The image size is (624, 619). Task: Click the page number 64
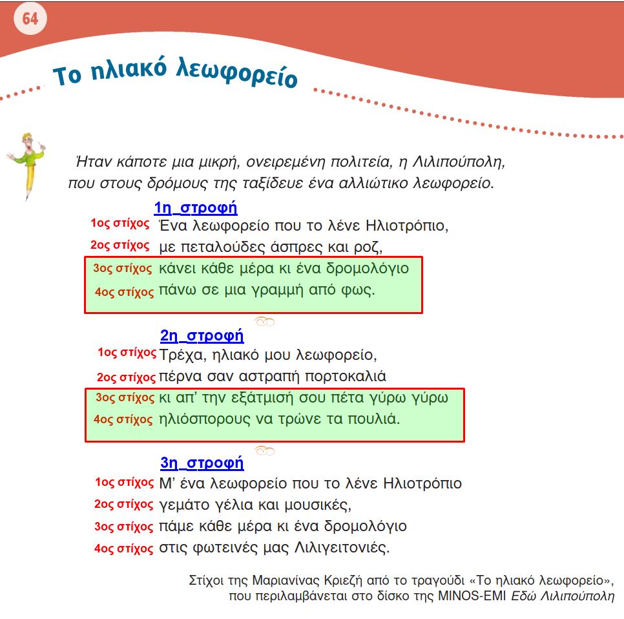[30, 19]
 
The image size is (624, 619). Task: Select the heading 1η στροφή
[196, 208]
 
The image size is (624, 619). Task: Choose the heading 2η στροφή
[202, 335]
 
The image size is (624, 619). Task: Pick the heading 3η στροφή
[202, 463]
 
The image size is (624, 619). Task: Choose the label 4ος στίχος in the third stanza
[123, 549]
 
